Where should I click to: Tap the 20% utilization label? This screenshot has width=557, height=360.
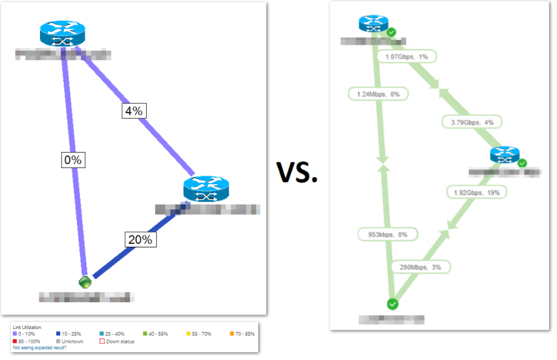pos(140,240)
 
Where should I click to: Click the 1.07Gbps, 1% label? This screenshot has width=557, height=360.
pos(407,57)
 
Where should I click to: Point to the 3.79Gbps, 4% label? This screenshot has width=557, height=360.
pos(472,122)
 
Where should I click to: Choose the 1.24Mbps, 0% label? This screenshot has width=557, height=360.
pos(374,94)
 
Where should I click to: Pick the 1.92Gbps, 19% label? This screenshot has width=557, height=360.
pos(477,193)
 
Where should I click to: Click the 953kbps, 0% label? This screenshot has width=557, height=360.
pos(386,234)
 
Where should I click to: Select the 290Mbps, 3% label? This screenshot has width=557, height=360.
pos(420,267)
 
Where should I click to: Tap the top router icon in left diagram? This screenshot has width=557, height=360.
pos(63,33)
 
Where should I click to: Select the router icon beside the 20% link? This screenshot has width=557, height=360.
pos(206,190)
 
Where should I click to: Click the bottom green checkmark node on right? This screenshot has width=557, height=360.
pos(392,304)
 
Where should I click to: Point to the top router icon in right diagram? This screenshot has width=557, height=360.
pos(374,24)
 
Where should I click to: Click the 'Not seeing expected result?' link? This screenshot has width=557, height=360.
pos(40,347)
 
